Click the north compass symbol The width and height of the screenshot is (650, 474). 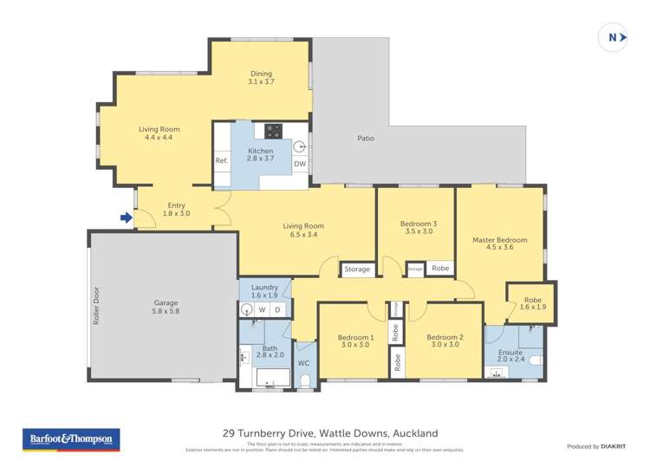(613, 37)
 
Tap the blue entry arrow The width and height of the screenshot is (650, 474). (127, 218)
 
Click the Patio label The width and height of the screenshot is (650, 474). (366, 138)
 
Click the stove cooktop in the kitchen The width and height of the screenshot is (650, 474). (273, 132)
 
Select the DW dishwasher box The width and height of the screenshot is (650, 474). (299, 164)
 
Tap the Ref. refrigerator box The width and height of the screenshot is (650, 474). (221, 161)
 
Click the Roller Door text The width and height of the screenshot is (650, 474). (96, 306)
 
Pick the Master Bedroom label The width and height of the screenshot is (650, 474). (499, 240)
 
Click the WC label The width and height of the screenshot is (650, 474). (303, 363)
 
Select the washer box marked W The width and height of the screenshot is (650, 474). (262, 308)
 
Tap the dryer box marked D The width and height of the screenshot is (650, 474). (277, 308)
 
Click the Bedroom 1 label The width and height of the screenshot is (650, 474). (355, 337)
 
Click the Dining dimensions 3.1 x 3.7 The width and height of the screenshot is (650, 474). (261, 81)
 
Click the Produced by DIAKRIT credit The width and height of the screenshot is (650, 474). (596, 446)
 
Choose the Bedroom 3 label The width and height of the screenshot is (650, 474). (418, 224)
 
